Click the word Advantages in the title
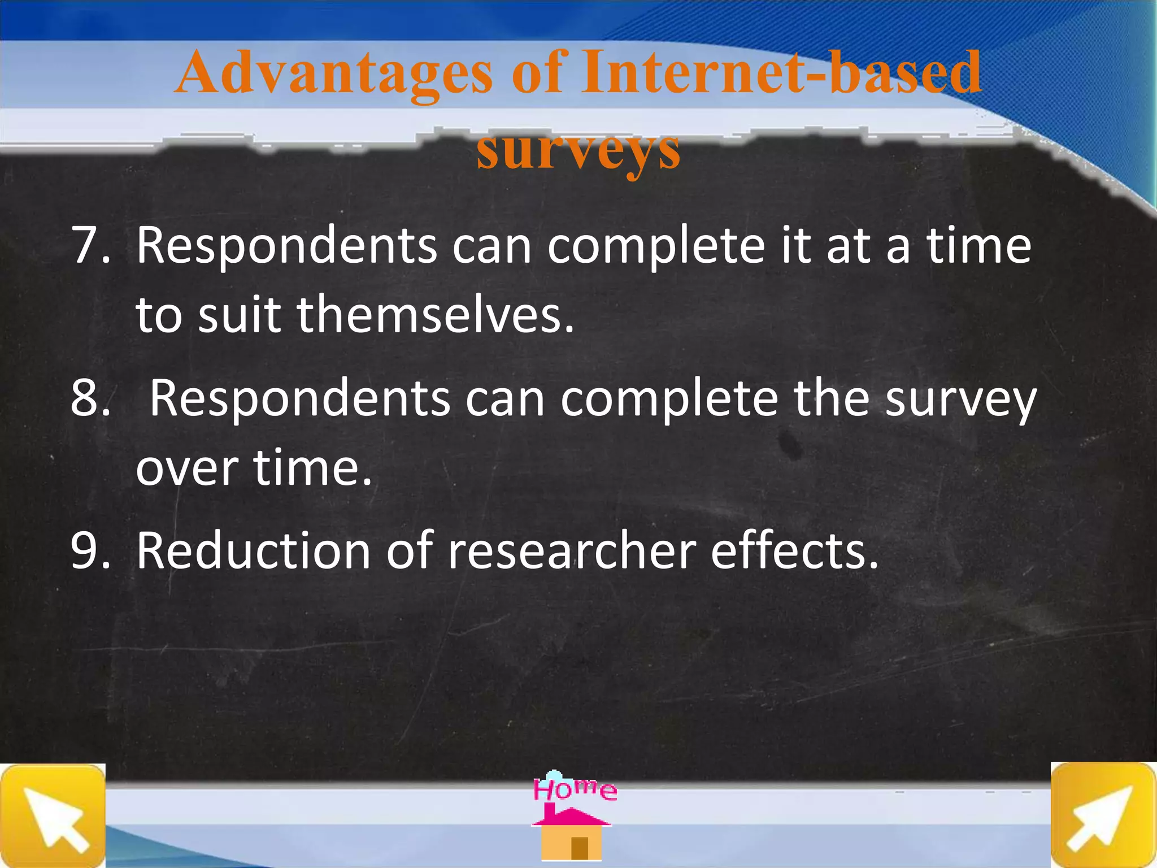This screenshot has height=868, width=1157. point(333,73)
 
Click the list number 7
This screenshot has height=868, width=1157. point(90,246)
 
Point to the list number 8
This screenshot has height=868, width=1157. point(90,398)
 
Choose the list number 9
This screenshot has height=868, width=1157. point(90,551)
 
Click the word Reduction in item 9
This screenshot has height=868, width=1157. point(253,551)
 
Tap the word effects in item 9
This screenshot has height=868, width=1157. point(794,551)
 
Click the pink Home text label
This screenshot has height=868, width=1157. point(575,789)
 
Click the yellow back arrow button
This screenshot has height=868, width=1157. point(53,815)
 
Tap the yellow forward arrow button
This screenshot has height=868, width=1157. point(1102,815)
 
